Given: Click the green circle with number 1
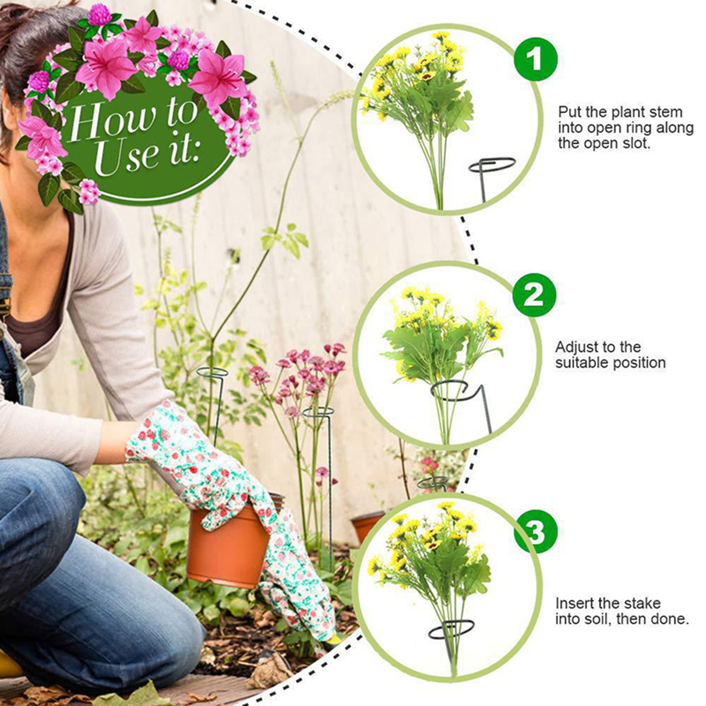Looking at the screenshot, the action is click(536, 59).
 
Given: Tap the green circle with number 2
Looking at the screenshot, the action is click(534, 295).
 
